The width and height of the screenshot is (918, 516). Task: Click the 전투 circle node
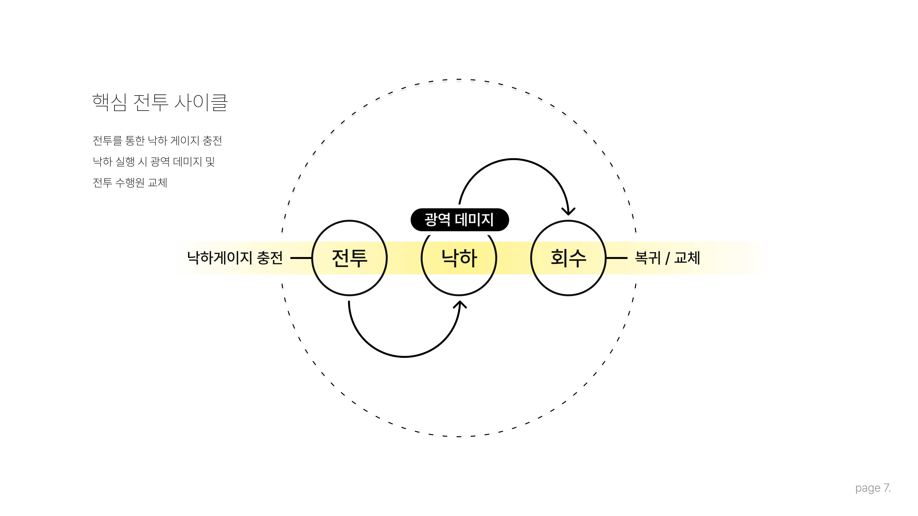pyautogui.click(x=349, y=258)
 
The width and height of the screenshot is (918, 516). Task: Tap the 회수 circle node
pyautogui.click(x=568, y=258)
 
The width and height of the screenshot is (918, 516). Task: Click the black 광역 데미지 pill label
pyautogui.click(x=460, y=219)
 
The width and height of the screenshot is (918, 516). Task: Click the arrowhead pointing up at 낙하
pyautogui.click(x=460, y=305)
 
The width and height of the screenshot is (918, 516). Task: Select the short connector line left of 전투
pyautogui.click(x=301, y=258)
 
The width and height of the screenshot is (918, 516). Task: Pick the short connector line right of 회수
pyautogui.click(x=616, y=258)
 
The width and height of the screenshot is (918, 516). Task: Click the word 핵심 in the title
pyautogui.click(x=109, y=103)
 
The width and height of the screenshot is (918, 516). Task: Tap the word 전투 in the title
pyautogui.click(x=150, y=103)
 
